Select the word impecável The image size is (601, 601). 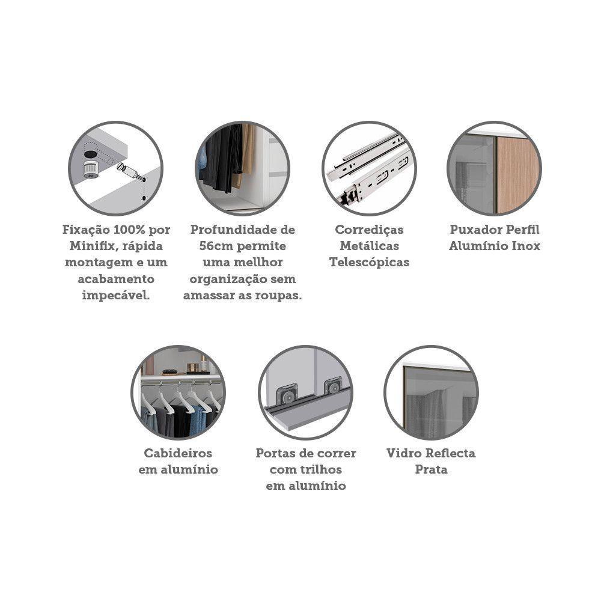[x=116, y=296]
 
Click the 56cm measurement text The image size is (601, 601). [x=216, y=246]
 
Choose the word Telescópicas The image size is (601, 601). [x=369, y=263]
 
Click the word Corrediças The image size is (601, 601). [x=369, y=230]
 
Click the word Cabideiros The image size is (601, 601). [x=178, y=453]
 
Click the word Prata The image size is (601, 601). [x=431, y=469]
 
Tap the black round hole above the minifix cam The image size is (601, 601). [x=91, y=154]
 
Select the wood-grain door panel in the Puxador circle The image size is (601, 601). [x=518, y=174]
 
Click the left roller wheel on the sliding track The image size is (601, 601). [x=286, y=396]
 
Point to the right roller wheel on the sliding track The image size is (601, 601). [x=333, y=387]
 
